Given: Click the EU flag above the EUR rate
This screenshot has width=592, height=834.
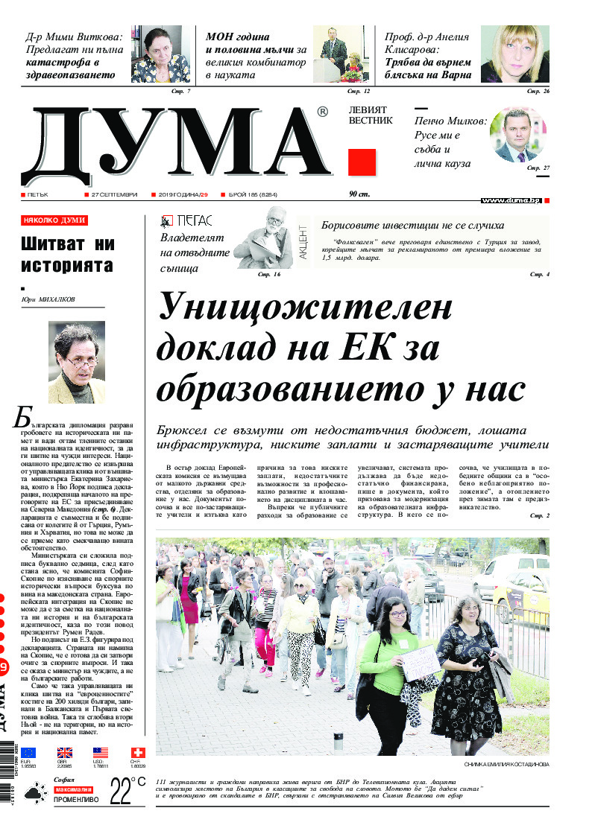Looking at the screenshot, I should [28, 753].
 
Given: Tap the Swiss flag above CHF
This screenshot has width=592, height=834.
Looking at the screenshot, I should [137, 753].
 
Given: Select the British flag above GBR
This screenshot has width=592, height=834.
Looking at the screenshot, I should [65, 753].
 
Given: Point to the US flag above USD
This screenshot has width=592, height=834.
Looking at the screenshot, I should [101, 753].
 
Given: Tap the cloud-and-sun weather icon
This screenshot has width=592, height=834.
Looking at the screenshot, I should [35, 795].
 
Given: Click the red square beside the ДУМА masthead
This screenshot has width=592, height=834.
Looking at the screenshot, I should [362, 162].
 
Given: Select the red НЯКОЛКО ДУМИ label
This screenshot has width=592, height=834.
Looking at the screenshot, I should [54, 221].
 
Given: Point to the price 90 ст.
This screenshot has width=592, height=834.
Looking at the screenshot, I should [359, 194].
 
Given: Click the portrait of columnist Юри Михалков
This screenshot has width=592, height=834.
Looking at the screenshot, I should [77, 362].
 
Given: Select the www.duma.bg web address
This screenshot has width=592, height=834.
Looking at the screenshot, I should [511, 200].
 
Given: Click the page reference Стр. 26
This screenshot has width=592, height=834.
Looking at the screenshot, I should [538, 91].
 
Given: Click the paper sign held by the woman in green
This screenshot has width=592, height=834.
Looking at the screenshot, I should [420, 663].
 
